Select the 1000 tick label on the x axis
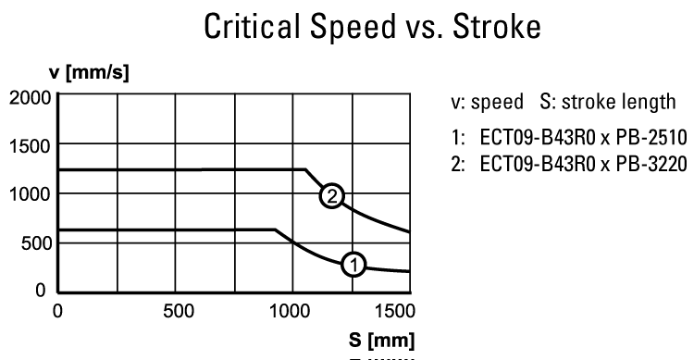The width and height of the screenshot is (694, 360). click(x=291, y=309)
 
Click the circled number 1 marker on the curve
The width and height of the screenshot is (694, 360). click(x=353, y=265)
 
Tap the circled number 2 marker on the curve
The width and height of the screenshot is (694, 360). click(x=331, y=195)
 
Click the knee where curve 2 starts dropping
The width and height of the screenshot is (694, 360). click(x=305, y=169)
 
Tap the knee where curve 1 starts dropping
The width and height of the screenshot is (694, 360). click(x=275, y=230)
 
